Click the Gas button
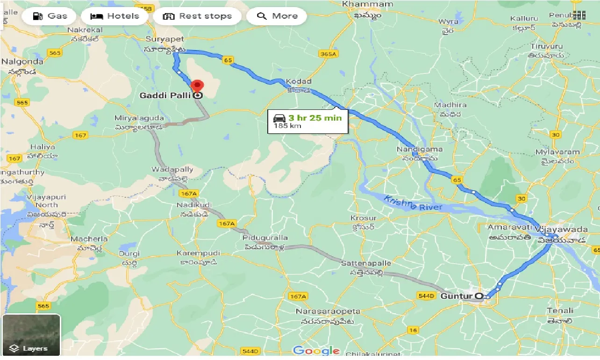[50, 16]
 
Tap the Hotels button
[114, 16]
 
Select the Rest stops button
[197, 16]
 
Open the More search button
[277, 16]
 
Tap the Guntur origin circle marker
[479, 296]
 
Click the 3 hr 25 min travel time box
[307, 121]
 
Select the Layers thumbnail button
[31, 335]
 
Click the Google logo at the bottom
[316, 351]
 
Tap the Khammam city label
[361, 4]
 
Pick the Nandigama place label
[419, 149]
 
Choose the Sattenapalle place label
[366, 264]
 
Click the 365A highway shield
[328, 54]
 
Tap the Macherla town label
[89, 239]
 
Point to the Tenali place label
[560, 310]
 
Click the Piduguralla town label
[265, 238]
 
